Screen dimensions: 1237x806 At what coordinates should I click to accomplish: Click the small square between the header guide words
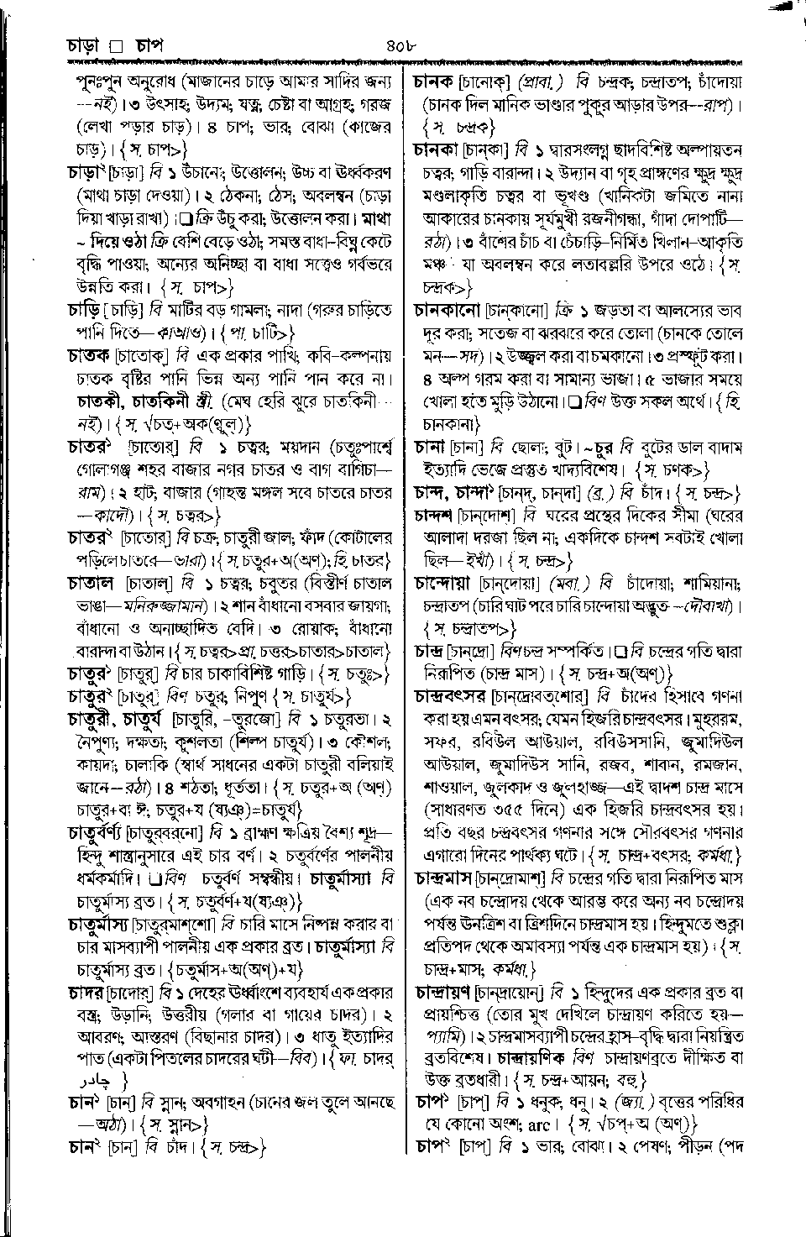118,45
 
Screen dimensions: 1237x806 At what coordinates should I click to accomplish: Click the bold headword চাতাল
90,580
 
